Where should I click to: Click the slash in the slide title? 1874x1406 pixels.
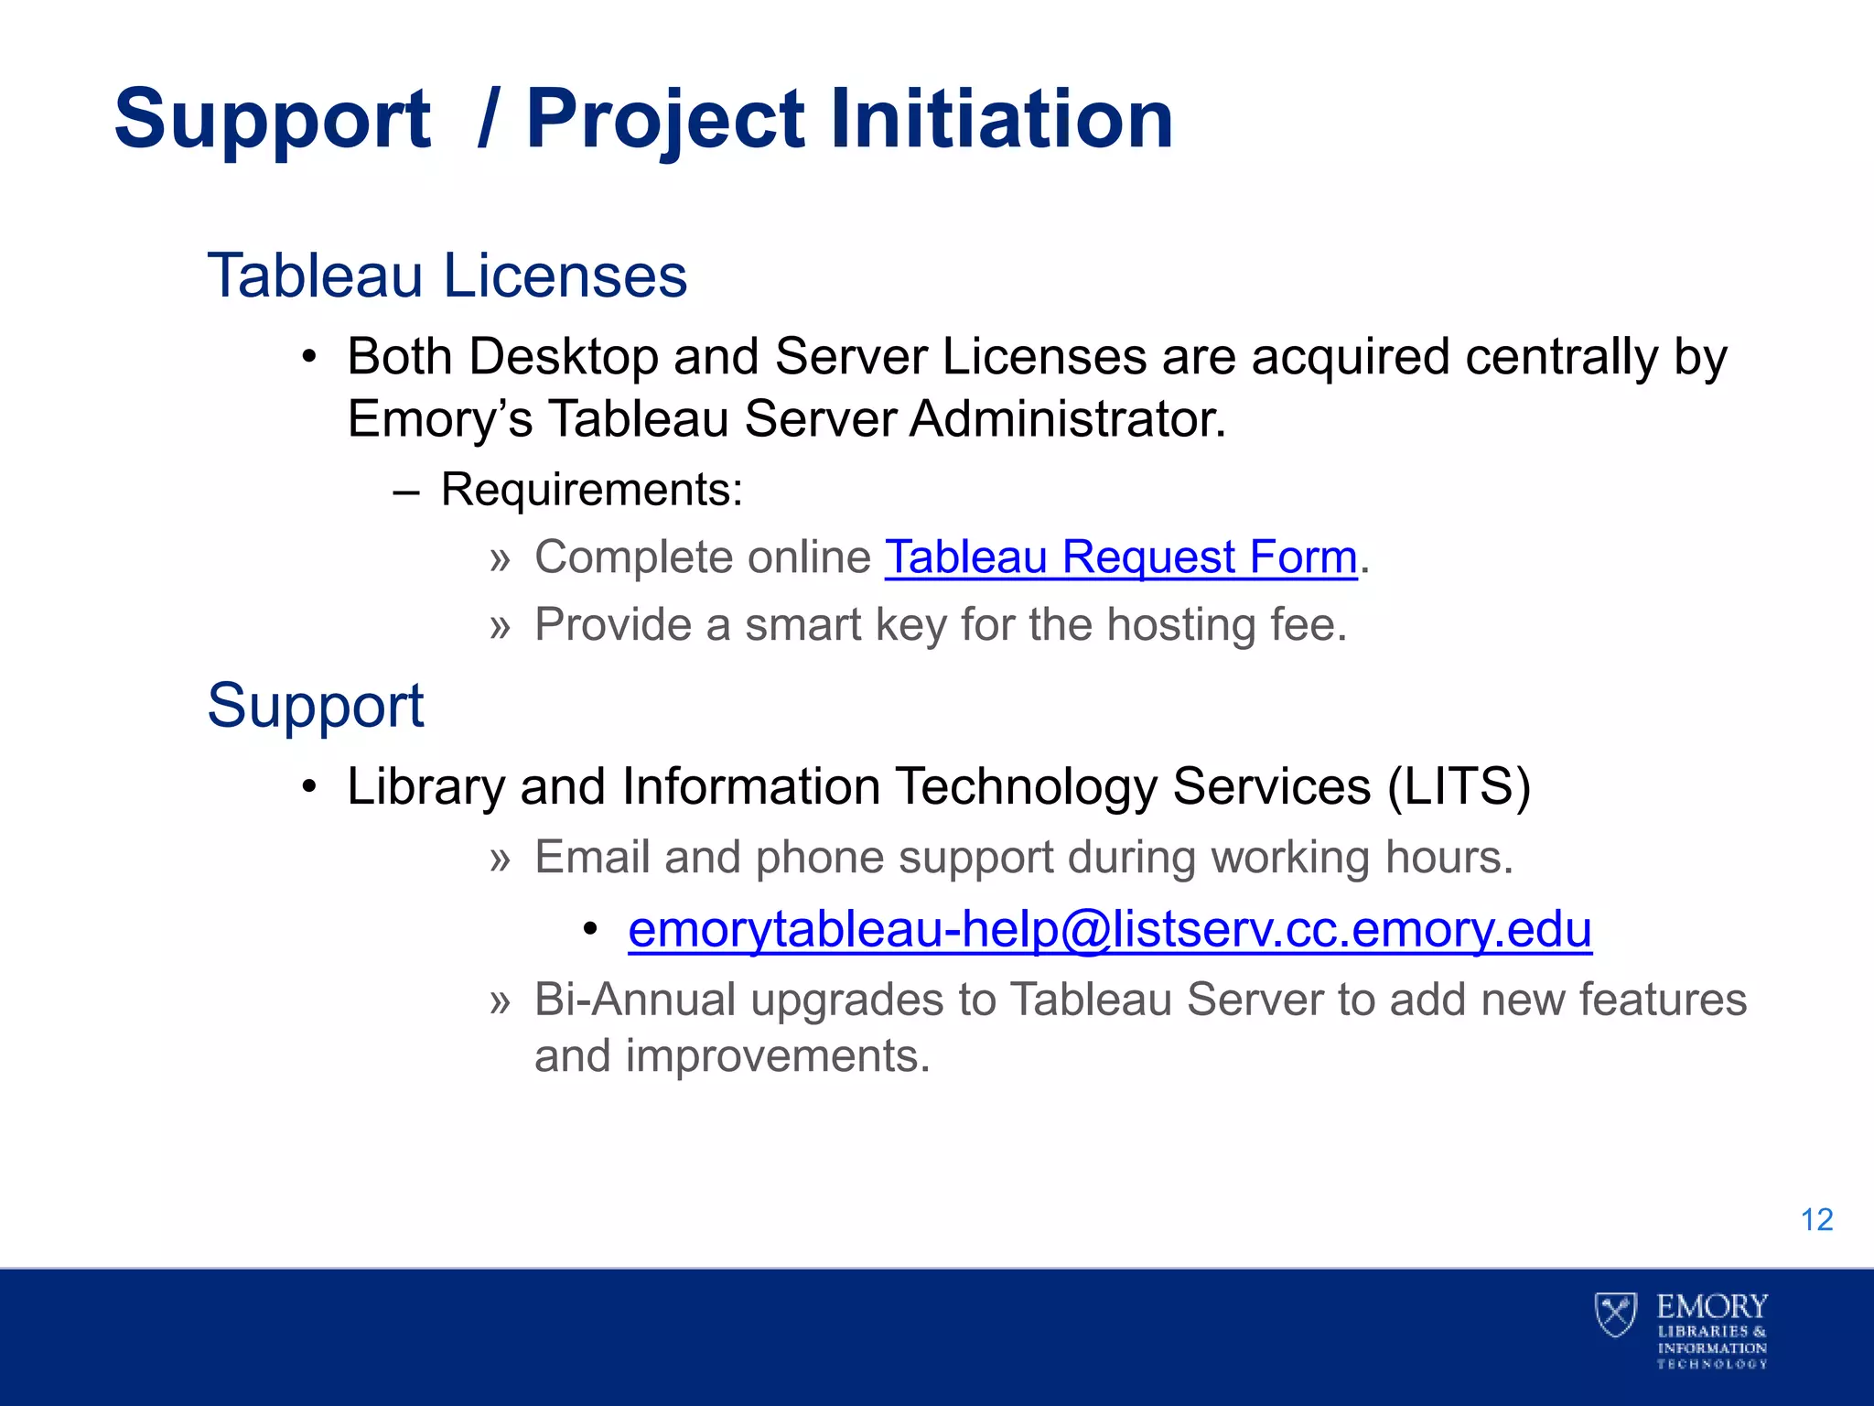click(x=488, y=119)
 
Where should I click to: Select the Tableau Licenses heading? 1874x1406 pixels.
click(x=447, y=276)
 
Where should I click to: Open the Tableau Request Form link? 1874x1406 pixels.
click(x=1121, y=557)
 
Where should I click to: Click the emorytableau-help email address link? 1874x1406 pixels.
click(x=1109, y=929)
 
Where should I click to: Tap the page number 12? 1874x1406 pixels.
click(x=1816, y=1220)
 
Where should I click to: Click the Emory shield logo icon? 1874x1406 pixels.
click(x=1615, y=1314)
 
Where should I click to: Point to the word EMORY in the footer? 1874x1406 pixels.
click(x=1712, y=1306)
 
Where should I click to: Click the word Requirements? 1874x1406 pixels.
click(x=592, y=490)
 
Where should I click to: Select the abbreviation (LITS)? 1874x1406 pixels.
click(x=1459, y=786)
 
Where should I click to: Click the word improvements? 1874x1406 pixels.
click(x=777, y=1056)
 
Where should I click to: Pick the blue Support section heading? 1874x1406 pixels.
click(x=316, y=706)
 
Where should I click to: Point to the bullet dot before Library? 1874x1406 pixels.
click(x=310, y=786)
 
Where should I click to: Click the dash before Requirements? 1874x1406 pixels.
click(x=405, y=492)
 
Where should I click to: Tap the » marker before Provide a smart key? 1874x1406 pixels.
click(x=499, y=627)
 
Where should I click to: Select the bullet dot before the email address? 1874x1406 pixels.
click(x=590, y=930)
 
